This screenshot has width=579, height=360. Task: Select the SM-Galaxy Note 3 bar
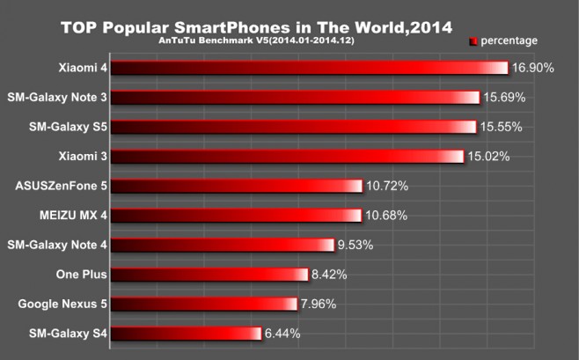coord(296,98)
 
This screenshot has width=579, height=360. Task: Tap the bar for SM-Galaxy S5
coord(294,127)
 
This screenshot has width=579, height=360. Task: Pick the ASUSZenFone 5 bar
coord(237,186)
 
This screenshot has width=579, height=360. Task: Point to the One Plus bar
coord(209,275)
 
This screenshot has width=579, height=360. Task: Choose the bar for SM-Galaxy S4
coord(187,334)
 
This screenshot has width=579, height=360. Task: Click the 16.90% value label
coord(532,68)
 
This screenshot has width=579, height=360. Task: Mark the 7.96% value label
coord(319,305)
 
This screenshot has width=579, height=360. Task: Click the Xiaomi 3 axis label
coord(83,157)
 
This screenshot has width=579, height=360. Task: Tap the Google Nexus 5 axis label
coord(62,305)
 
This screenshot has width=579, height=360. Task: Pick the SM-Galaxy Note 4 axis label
coord(57,245)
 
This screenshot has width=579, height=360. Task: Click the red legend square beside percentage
coord(473,40)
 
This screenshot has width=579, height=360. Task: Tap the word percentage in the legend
coord(509,40)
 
